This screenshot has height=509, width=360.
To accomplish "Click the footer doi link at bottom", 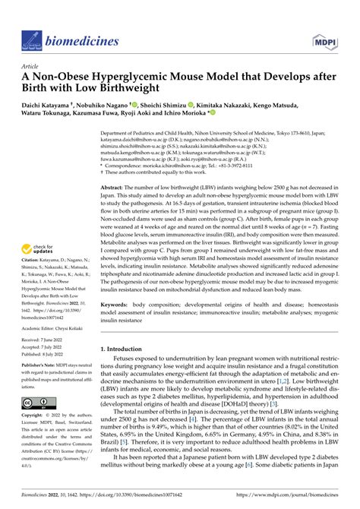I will coord(137,496).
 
